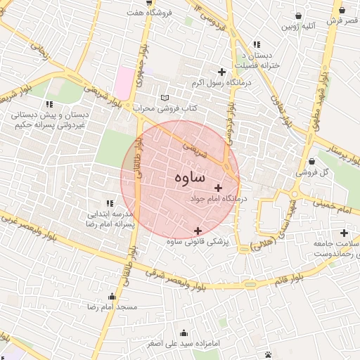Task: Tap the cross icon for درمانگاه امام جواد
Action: click(218, 188)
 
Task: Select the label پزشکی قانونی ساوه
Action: click(198, 242)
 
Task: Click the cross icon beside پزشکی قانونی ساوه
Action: click(198, 231)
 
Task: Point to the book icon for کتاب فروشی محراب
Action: click(165, 98)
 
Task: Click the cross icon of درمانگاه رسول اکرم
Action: click(222, 72)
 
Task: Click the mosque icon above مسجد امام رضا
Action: click(112, 296)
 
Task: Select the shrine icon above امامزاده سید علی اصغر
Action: click(184, 333)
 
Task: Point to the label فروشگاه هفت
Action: click(146, 12)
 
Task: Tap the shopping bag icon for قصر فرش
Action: click(342, 10)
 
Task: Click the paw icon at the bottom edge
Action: click(269, 354)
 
